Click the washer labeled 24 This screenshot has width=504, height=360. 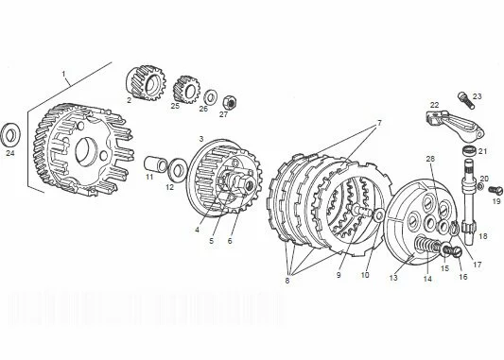[10, 135]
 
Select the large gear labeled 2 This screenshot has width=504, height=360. [145, 83]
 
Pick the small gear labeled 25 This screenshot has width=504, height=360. [186, 90]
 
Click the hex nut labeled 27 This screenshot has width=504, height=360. [230, 102]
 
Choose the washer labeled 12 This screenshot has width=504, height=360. [178, 168]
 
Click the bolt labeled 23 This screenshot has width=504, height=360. [466, 100]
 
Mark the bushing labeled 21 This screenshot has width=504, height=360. [470, 150]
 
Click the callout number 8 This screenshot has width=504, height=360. [287, 281]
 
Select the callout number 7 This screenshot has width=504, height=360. [379, 123]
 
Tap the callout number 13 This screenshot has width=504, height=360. [393, 278]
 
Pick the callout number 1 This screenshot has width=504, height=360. [63, 74]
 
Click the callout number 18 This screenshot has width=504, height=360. [483, 236]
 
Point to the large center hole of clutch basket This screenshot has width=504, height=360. [86, 152]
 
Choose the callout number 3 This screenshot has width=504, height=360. [201, 139]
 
